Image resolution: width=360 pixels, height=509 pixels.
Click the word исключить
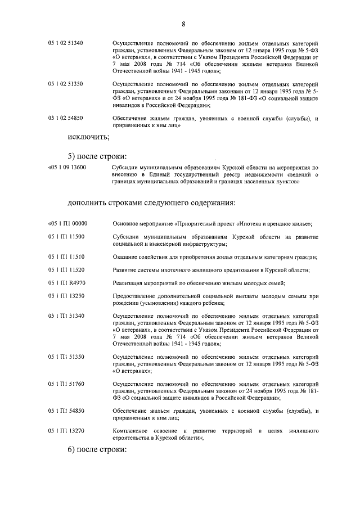[88, 137]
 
